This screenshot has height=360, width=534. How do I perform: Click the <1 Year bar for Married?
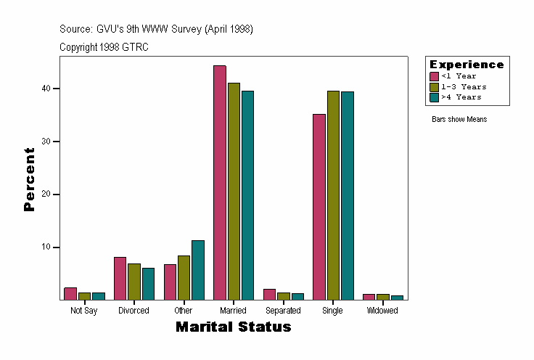point(219,182)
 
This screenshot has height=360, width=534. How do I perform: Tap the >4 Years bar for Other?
point(198,270)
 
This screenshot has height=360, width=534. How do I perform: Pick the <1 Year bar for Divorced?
point(120,278)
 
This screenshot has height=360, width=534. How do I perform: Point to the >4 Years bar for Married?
point(247,195)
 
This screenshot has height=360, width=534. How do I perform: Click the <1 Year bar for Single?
point(319,207)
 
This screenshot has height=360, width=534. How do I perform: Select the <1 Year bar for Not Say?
point(70,293)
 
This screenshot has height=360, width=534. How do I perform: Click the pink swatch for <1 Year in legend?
point(434,76)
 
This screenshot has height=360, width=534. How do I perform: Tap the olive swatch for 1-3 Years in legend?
point(434,86)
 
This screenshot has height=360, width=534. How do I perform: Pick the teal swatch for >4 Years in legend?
point(434,97)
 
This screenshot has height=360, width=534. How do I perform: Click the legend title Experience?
point(467,65)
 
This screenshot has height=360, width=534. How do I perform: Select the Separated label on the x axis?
point(283,311)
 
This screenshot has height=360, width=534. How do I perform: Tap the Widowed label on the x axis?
point(382,311)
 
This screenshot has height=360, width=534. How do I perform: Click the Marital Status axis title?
point(233,327)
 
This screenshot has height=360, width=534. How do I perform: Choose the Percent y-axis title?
point(29,179)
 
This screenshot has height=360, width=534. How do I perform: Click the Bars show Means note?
point(459,119)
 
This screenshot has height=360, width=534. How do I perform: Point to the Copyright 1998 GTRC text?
point(104,47)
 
